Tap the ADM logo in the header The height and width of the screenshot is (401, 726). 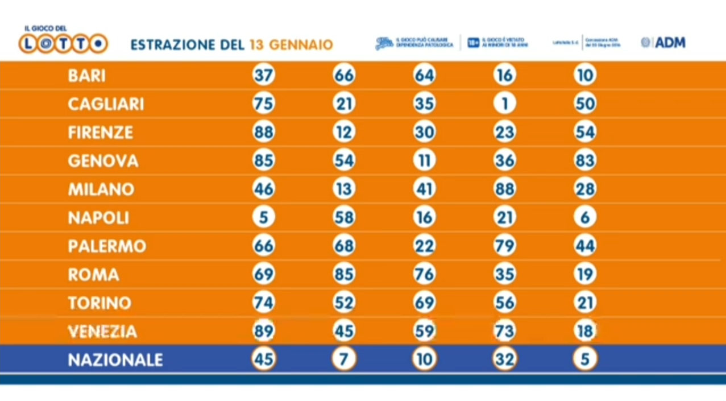pos(663,43)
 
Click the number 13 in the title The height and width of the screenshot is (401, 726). pos(255,45)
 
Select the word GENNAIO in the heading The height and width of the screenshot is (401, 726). pos(300,45)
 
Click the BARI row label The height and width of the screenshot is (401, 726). pos(86,76)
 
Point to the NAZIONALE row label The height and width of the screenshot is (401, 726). pos(115,360)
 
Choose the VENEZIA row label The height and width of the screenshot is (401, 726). pos(102,332)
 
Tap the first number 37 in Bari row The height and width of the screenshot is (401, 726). pos(263,76)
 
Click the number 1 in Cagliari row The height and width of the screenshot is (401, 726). pos(504,104)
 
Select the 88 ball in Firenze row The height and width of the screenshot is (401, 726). pos(263,133)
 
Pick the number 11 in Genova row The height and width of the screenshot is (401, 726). pos(424,161)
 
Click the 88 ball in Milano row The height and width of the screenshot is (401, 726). pos(504,189)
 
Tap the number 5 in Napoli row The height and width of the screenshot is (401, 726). pos(263,218)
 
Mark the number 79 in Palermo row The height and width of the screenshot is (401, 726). pos(504,246)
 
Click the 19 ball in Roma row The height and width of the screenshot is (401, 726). pos(584,275)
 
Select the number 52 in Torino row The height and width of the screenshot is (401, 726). pos(344,303)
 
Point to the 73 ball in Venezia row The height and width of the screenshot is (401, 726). pos(504,332)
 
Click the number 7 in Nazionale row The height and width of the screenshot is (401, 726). pos(344,360)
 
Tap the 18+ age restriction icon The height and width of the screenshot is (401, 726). pos(474,43)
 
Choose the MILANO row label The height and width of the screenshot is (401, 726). pos(101,189)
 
